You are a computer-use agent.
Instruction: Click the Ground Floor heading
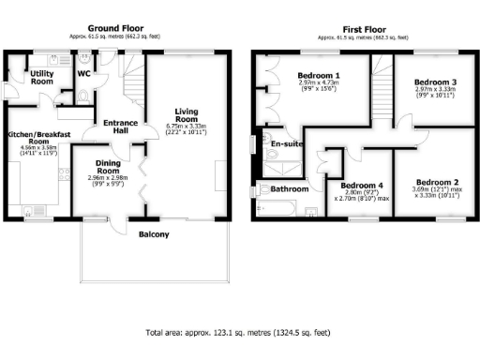(x=114, y=28)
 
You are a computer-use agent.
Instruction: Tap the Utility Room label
(x=42, y=77)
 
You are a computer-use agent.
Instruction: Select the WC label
(x=84, y=72)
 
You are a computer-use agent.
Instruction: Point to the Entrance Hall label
(x=121, y=127)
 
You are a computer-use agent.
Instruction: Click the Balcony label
(x=154, y=234)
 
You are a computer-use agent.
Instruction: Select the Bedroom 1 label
(x=318, y=75)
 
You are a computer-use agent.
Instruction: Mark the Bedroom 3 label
(x=435, y=82)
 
